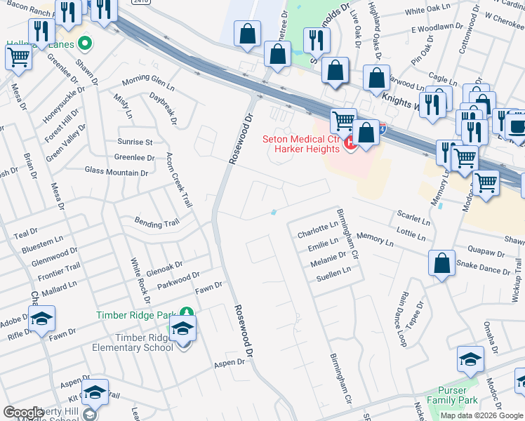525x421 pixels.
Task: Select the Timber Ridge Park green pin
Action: point(185,312)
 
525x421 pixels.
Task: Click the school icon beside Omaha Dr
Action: point(470,360)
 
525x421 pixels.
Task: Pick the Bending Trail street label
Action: point(157,222)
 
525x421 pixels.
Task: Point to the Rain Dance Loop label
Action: point(401,320)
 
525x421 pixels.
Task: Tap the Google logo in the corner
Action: point(24,413)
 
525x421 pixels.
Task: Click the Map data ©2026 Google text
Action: point(481,415)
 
